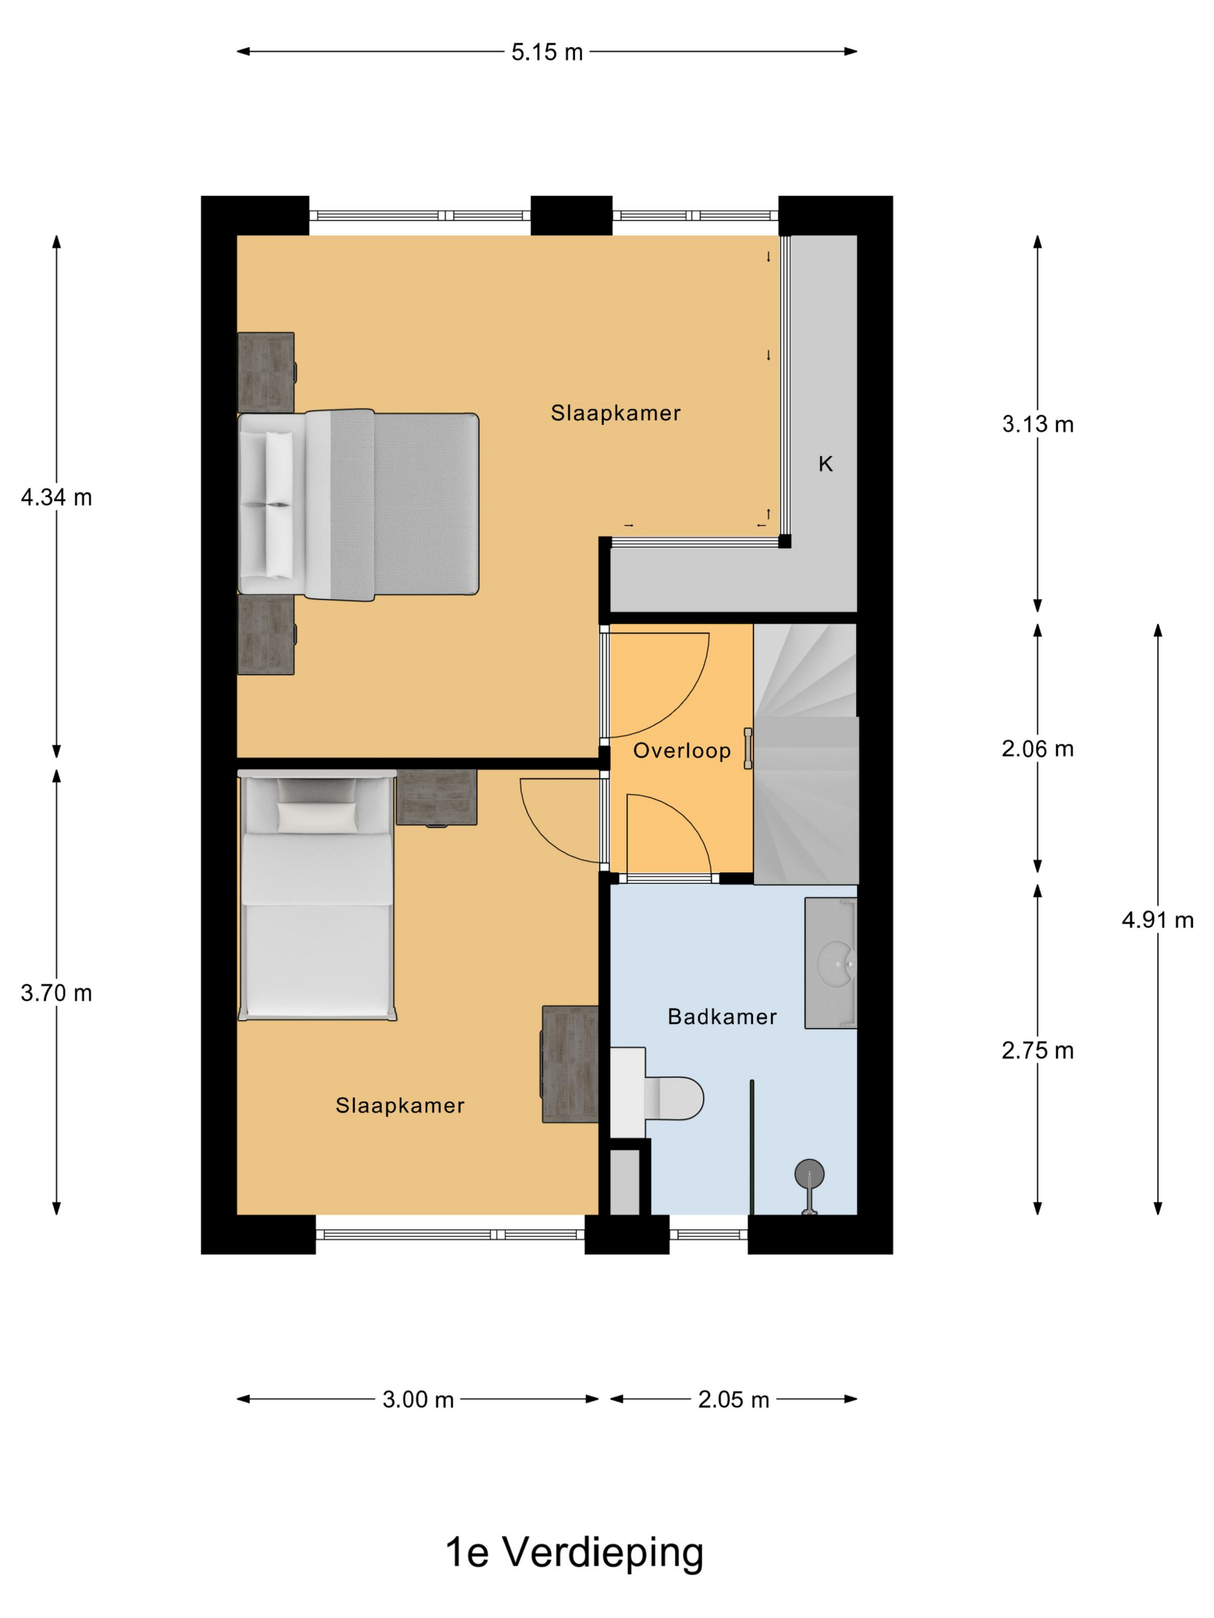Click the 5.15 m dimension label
547,52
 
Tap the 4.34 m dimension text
56,498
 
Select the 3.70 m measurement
56,993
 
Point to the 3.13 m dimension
1038,424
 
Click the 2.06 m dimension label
1038,749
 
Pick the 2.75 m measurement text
1038,1051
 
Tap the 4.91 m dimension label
1158,920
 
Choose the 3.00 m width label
418,1400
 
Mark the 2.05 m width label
733,1400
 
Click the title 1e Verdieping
575,1552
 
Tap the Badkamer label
722,1016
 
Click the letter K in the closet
826,464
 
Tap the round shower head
809,1173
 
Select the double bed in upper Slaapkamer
358,504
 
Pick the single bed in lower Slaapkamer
317,895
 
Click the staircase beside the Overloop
806,754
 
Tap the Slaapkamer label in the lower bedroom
400,1105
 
